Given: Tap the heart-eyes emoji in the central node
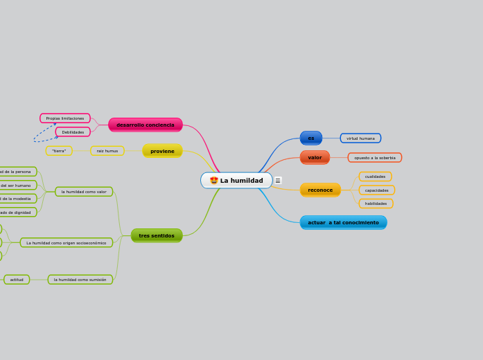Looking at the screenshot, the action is point(214,181).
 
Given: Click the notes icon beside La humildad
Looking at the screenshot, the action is point(278,181).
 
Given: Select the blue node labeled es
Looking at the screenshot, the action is point(311,138).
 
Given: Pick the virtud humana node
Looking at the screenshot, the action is point(360,138).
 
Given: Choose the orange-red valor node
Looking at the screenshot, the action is point(315,157).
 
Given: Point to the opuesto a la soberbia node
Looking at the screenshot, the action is point(375,158).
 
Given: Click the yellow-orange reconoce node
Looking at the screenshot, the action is point(320,190).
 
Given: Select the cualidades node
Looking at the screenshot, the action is point(375,177).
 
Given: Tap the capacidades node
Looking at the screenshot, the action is point(376,190).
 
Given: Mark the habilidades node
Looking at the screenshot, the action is point(376,204).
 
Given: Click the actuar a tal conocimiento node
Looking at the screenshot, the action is point(343,222).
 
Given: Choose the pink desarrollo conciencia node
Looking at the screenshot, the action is point(146,125).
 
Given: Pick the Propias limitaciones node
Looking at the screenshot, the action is point(65,118).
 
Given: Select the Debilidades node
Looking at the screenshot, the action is point(73,132).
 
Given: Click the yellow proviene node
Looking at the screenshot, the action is point(162,151).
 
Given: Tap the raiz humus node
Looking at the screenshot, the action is point(107,151).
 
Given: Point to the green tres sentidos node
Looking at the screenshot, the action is point(157,235).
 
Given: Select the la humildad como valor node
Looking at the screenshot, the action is point(84,192).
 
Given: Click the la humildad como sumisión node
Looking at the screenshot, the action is point(80,280).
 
